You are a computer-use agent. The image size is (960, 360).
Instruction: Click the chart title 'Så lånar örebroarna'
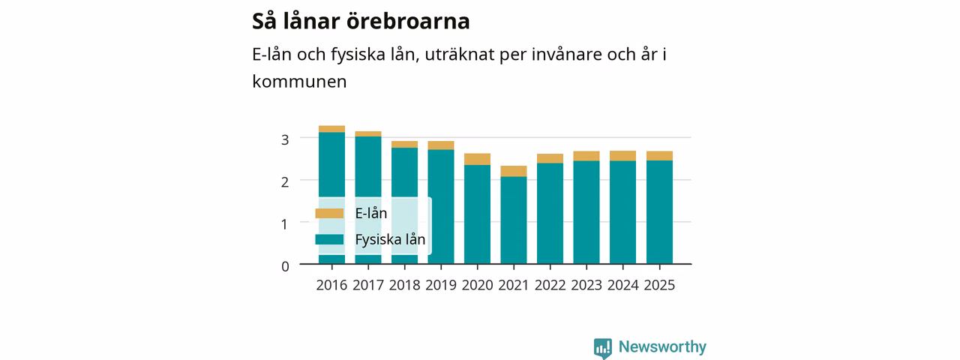click(x=361, y=21)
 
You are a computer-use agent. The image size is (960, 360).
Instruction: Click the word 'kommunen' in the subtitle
click(x=299, y=82)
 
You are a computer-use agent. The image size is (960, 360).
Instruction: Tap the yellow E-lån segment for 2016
click(x=331, y=129)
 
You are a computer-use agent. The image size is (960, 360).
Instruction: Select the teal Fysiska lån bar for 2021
click(x=514, y=220)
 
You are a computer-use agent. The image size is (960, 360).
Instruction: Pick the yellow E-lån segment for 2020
click(x=478, y=160)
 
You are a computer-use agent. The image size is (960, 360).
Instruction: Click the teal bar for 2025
click(x=659, y=212)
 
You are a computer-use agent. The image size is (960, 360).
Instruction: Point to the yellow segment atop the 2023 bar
click(x=586, y=156)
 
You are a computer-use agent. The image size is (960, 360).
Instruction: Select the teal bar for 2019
click(x=441, y=207)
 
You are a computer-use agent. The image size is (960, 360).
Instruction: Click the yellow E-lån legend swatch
click(x=329, y=214)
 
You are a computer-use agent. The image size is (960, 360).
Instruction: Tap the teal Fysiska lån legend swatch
click(x=329, y=239)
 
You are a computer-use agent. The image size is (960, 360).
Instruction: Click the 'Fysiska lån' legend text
click(x=391, y=239)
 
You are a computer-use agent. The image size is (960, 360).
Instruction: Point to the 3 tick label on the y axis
click(x=285, y=139)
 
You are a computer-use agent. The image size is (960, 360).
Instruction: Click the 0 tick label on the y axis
click(x=285, y=266)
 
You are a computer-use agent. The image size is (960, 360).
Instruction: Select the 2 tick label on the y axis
click(x=285, y=182)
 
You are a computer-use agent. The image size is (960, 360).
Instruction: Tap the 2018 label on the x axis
click(x=404, y=286)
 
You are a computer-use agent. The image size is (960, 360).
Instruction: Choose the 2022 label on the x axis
click(x=550, y=286)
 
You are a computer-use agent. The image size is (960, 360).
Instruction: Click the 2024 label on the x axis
click(x=623, y=286)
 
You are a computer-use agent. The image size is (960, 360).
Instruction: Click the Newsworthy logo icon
click(x=603, y=348)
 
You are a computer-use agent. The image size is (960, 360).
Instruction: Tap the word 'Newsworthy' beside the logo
click(x=662, y=346)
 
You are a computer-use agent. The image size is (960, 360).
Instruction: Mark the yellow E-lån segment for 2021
click(x=514, y=172)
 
